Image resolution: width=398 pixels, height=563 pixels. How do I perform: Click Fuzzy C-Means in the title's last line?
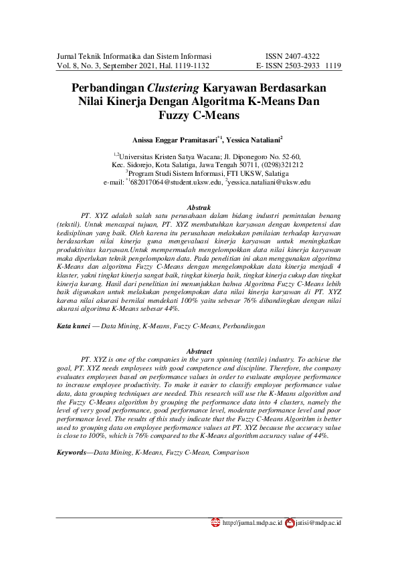coord(199,114)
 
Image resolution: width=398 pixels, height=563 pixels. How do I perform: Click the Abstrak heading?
coord(199,208)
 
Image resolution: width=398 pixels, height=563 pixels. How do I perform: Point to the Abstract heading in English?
coord(199,351)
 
